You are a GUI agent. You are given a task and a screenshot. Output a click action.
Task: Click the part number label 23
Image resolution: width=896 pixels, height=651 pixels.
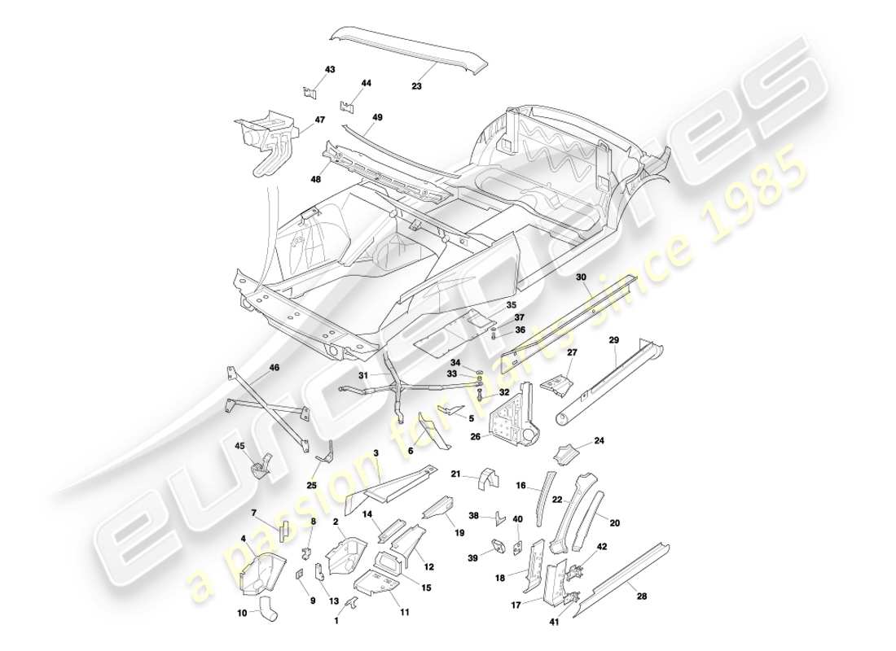[416, 84]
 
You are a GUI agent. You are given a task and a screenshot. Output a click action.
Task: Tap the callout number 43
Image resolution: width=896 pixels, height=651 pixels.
[330, 70]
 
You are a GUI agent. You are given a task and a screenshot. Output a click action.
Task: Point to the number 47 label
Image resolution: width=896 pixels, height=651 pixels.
[319, 120]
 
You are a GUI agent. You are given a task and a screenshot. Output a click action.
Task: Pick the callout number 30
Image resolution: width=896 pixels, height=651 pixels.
[581, 277]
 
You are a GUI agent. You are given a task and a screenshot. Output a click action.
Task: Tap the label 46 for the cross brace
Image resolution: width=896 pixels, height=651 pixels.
[274, 368]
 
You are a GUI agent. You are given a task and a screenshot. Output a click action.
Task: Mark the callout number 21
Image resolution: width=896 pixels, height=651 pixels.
[456, 474]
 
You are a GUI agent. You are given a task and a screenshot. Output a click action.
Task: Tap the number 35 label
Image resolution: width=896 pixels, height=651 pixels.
[511, 305]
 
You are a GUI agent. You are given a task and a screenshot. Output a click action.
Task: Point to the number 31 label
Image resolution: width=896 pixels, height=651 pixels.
[364, 375]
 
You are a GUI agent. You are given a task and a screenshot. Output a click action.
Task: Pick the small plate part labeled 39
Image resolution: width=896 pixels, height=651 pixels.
[496, 547]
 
